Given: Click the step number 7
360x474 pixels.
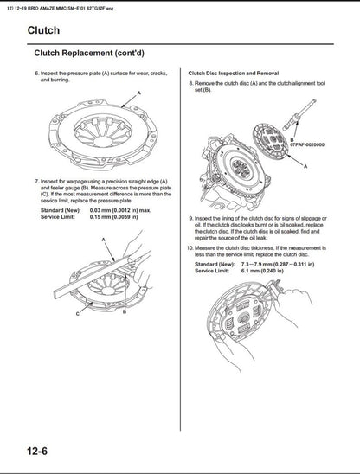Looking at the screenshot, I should [x=36, y=180].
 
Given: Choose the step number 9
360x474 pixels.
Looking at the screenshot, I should [x=191, y=219].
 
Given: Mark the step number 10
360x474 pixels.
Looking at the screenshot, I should [x=192, y=247].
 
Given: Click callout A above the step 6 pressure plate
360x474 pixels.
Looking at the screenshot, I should [x=137, y=93].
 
